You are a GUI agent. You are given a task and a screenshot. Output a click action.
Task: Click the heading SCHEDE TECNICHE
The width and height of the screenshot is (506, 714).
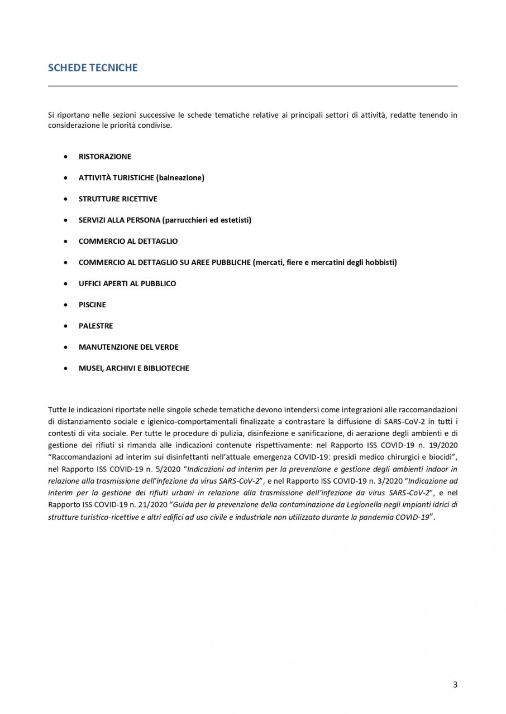[x=93, y=68]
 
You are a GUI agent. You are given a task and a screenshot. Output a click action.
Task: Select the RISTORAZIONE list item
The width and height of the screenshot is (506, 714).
[x=105, y=157]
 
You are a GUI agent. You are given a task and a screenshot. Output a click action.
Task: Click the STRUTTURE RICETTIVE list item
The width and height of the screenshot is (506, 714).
[x=118, y=199]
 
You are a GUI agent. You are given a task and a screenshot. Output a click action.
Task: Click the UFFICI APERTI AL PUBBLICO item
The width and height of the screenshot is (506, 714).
[x=127, y=284]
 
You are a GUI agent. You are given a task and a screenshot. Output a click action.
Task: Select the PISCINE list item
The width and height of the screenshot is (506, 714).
[x=92, y=305]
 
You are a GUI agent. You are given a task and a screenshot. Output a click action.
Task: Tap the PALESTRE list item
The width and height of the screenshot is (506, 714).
[x=96, y=326]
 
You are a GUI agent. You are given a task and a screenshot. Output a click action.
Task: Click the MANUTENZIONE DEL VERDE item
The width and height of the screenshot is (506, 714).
[x=128, y=348]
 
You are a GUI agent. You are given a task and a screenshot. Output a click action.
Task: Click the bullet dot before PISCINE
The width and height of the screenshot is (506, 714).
[x=66, y=305]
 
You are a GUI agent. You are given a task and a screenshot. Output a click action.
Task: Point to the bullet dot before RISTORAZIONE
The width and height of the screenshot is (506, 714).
[x=66, y=157]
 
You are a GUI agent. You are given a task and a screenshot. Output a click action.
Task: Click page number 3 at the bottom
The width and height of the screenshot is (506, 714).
[x=455, y=685]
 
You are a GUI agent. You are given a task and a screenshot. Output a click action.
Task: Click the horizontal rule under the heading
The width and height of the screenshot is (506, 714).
[x=252, y=86]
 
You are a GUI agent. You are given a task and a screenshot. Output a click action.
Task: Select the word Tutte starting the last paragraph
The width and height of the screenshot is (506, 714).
[x=57, y=411]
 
